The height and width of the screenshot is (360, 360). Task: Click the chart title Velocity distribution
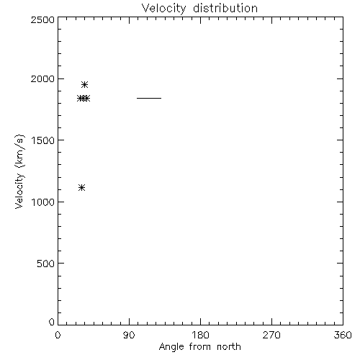199,9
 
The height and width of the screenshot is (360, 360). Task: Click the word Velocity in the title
163,9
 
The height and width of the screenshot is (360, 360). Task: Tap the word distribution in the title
225,8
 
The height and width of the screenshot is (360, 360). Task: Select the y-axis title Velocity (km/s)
19,171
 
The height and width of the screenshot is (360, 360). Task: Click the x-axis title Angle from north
200,347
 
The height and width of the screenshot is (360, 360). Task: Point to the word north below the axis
229,346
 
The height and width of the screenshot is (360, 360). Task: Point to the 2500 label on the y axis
42,19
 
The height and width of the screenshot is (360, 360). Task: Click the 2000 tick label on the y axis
42,78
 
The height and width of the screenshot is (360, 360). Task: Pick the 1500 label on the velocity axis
43,140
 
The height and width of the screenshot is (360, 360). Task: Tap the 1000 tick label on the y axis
43,202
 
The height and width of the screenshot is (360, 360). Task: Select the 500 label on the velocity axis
46,264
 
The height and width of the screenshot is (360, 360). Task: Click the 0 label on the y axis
52,322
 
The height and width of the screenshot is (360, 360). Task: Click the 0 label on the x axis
58,335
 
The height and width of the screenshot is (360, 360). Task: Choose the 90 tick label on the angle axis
129,335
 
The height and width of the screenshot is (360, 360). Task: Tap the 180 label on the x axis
200,335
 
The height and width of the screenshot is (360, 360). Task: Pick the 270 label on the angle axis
271,335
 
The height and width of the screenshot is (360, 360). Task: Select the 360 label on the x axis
343,335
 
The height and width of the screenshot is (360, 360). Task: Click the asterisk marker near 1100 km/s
82,187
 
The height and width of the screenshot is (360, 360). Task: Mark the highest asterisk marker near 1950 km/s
84,84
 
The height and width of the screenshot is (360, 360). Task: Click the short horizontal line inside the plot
149,98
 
